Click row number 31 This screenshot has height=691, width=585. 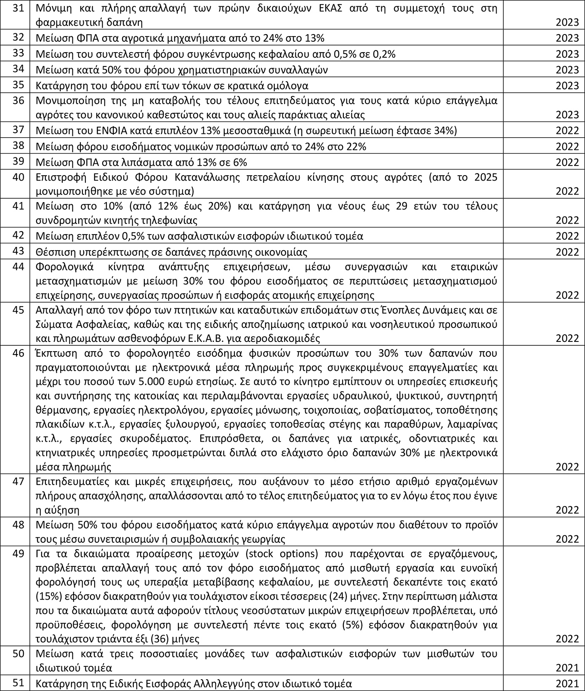click(x=18, y=8)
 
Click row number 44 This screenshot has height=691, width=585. click(x=18, y=267)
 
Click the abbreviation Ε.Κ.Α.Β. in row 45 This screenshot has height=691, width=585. click(x=230, y=338)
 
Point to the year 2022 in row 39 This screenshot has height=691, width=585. click(x=567, y=163)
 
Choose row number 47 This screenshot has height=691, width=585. click(x=18, y=481)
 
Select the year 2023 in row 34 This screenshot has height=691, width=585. click(x=567, y=70)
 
